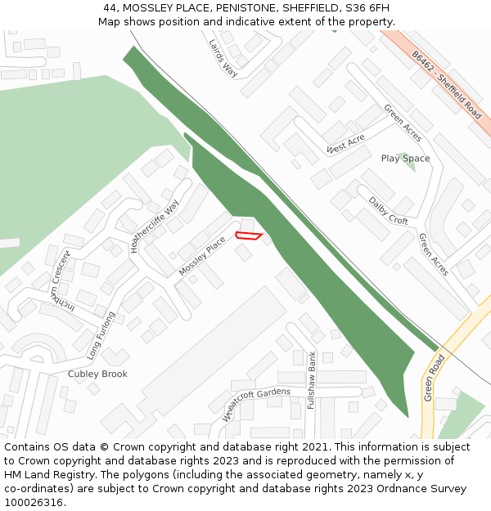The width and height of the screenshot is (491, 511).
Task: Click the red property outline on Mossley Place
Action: coord(248,236)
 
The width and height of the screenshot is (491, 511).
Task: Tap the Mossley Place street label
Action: coord(201,256)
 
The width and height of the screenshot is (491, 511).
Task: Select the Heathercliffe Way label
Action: coord(154,226)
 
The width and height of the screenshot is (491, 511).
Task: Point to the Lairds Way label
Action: coord(222,58)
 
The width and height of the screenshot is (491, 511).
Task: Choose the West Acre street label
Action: coord(345,145)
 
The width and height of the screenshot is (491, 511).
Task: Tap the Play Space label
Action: coord(405,159)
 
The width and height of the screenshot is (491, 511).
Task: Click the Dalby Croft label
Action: coord(388,210)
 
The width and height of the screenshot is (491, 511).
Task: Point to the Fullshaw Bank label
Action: coord(312,380)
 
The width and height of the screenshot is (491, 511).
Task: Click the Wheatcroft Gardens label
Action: coord(256,404)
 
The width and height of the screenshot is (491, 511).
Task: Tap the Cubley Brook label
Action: coord(97,374)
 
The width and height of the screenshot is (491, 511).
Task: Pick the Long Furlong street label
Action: coord(101,335)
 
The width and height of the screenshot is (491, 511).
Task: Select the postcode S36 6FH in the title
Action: coord(367,8)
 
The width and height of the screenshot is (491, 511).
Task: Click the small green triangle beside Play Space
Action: coord(410,164)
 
